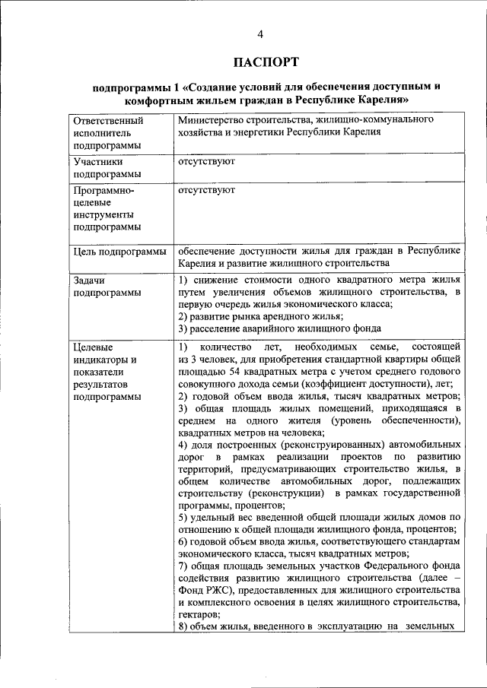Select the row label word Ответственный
[107, 120]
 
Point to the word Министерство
[213, 120]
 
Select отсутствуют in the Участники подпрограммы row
[205, 161]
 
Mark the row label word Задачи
[91, 281]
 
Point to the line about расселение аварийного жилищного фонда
[268, 328]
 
